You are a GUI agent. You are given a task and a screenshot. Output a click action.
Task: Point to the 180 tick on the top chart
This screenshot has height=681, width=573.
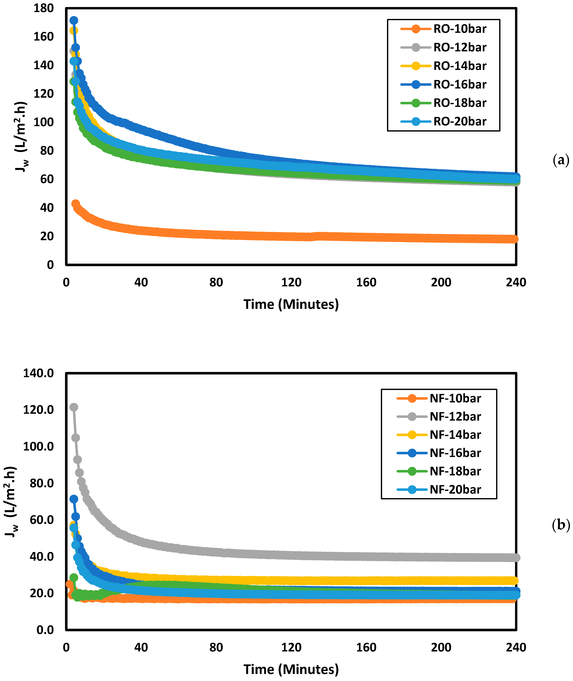[44, 8]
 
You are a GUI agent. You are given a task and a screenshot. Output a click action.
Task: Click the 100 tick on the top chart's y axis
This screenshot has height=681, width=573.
[44, 122]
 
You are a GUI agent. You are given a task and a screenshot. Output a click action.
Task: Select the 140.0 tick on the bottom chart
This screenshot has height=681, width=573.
[38, 373]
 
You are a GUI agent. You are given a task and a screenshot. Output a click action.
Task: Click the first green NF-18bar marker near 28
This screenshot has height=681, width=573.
[74, 578]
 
